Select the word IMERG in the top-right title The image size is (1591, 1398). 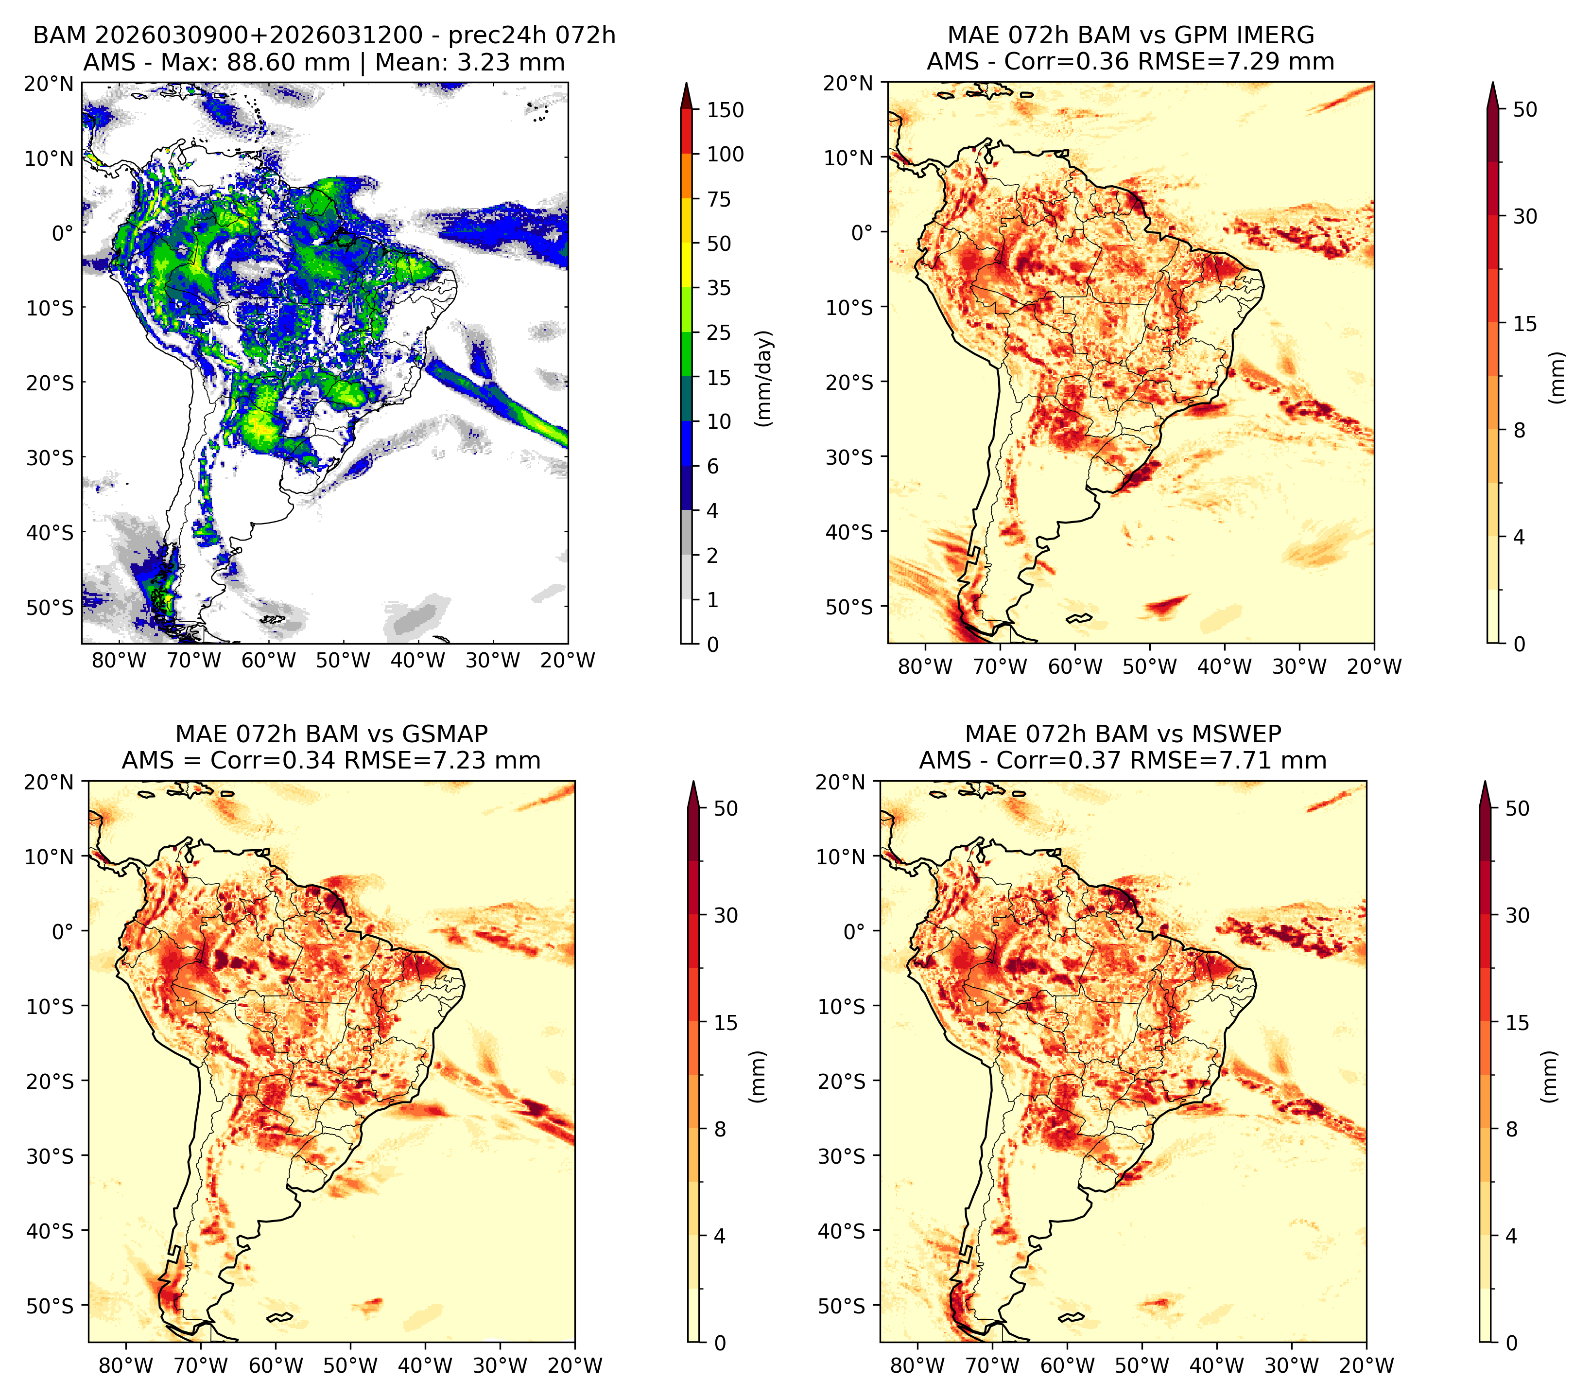[1277, 35]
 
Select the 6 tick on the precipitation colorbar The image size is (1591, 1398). [712, 466]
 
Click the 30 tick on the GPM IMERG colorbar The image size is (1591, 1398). [1525, 216]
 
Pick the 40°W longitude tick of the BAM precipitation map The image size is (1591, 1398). [418, 660]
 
